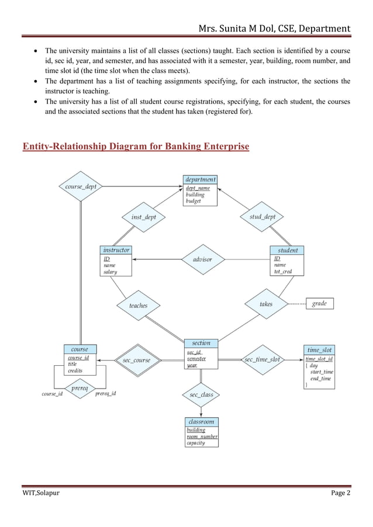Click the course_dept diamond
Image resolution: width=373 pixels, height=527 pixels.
pos(81,186)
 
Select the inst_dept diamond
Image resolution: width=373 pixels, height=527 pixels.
pos(143,217)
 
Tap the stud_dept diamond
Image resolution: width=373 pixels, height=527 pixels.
pos(262,217)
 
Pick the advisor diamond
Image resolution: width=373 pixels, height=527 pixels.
pos(202,259)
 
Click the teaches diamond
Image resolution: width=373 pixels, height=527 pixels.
pos(138,306)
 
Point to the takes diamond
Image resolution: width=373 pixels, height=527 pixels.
pos(266,304)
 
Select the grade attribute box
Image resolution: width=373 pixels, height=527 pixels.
pos(319,303)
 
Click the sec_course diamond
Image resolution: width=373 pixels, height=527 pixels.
pos(136,360)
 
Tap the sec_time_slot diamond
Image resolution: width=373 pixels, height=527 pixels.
pos(262,359)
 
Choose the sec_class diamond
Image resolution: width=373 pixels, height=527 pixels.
pos(201,395)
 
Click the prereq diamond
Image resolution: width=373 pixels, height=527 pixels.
pos(80,387)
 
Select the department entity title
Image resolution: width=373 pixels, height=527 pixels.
pos(201,179)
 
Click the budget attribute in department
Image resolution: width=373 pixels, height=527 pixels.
pos(193,201)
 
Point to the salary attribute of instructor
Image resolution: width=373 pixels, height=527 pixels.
pos(110,272)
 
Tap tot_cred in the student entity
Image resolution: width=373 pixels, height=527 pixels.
pos(283,272)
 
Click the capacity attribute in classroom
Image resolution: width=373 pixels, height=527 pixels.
pos(195,443)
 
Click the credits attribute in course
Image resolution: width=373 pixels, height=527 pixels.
pos(75,370)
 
